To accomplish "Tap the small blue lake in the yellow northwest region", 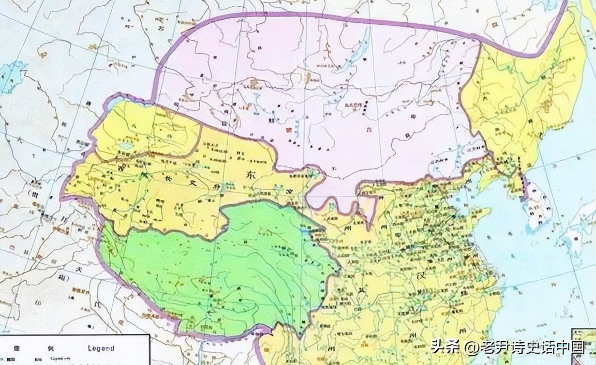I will [x=125, y=146].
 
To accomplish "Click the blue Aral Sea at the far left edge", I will [x=11, y=75].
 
